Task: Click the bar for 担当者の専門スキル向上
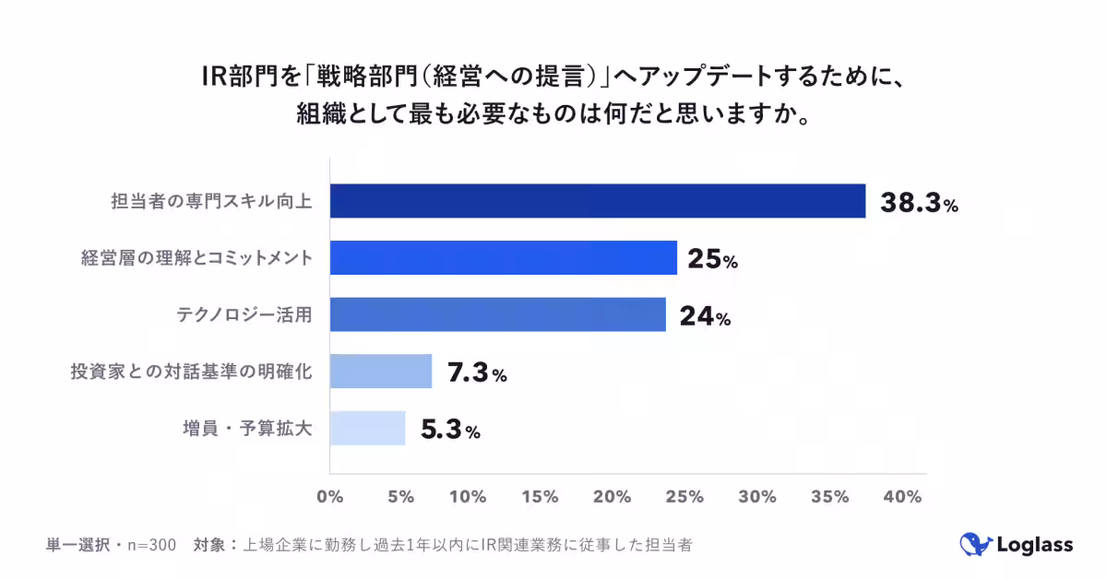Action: coord(597,201)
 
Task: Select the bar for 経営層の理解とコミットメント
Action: coord(503,257)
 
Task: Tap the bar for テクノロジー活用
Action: coord(497,314)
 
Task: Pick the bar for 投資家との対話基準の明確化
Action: coord(380,371)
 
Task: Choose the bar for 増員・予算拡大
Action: coord(367,428)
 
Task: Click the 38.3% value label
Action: coord(919,204)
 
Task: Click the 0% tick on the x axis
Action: coord(329,497)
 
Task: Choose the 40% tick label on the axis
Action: coord(901,497)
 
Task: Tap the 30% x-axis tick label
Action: coord(757,497)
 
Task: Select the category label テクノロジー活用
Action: coord(244,315)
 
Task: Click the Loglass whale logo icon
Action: coord(973,545)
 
